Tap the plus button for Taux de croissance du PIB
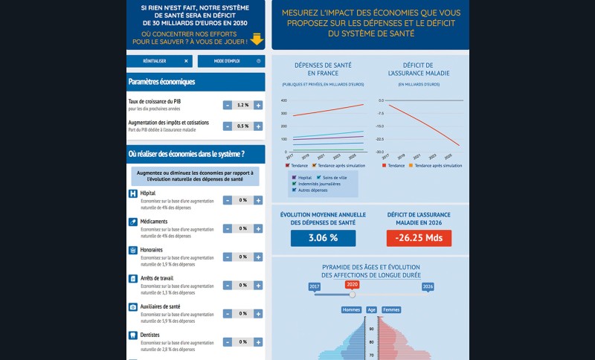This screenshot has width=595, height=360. click(x=258, y=106)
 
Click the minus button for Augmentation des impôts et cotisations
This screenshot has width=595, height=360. click(x=227, y=126)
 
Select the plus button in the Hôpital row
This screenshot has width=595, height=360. click(x=258, y=200)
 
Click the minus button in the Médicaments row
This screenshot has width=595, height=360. click(x=227, y=228)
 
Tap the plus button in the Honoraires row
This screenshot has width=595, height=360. click(x=258, y=257)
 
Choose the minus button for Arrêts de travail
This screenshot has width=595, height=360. click(x=227, y=285)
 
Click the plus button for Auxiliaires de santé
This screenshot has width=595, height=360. click(x=258, y=313)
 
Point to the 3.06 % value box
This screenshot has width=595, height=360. click(x=323, y=238)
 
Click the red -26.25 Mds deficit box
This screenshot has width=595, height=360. click(x=419, y=238)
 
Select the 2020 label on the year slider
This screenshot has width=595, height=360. click(x=352, y=285)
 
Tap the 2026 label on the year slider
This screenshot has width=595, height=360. click(x=428, y=286)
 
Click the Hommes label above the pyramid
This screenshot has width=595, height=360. click(x=351, y=309)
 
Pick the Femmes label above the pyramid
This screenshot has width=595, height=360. click(x=391, y=309)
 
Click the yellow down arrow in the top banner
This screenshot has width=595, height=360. click(x=257, y=39)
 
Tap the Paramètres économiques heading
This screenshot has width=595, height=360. click(x=161, y=82)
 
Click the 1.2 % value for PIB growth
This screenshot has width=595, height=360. click(x=242, y=106)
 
